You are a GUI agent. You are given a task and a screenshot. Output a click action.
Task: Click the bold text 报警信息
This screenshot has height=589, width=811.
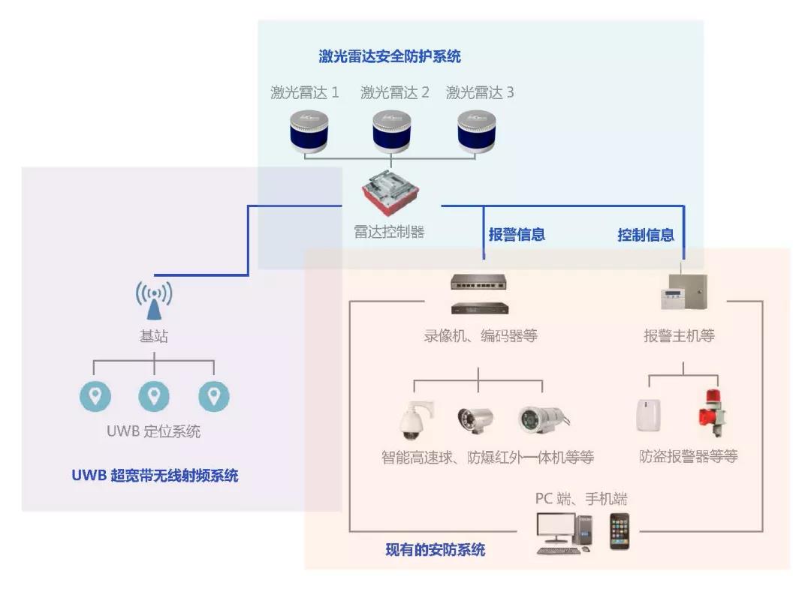click(517, 235)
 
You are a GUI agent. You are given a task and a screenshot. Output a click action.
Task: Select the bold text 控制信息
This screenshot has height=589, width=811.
click(646, 235)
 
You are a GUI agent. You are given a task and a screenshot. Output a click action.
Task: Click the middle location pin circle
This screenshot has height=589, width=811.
click(154, 396)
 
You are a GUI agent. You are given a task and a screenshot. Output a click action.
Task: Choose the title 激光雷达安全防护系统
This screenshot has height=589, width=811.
click(390, 56)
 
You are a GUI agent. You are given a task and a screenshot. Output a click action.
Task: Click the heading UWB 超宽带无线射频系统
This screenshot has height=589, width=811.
click(155, 475)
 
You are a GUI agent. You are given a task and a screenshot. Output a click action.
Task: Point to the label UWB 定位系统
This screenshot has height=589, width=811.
click(153, 432)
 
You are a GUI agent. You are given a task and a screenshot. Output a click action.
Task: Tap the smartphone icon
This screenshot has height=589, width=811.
click(620, 531)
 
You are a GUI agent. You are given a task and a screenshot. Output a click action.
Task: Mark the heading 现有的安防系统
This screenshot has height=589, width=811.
click(436, 550)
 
